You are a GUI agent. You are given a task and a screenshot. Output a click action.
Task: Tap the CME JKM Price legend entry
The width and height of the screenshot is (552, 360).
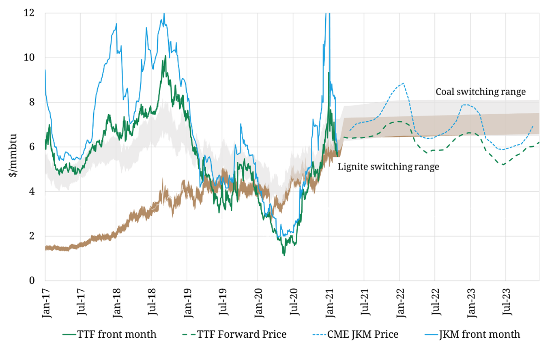tap(355, 335)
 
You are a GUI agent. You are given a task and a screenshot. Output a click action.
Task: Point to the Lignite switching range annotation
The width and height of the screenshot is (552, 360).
tap(389, 167)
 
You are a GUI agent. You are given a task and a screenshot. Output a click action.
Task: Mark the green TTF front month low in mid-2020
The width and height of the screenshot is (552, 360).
tap(284, 255)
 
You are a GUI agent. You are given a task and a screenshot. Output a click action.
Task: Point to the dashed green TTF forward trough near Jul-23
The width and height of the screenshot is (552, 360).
tap(503, 165)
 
